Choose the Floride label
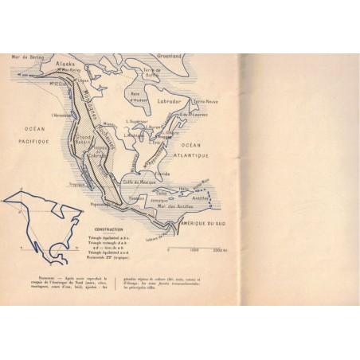click(163, 174)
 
